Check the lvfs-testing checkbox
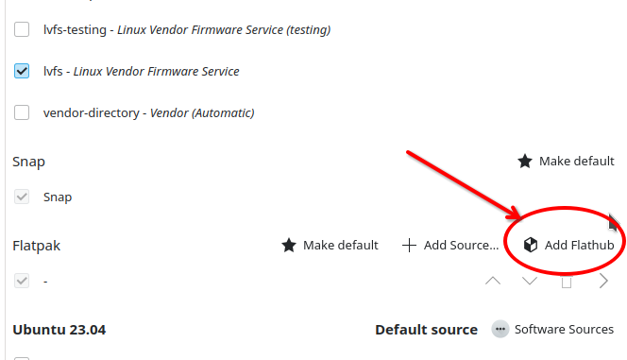point(22,29)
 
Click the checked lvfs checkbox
point(22,71)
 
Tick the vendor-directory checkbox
point(22,112)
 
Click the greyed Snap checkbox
point(22,197)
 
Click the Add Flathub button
point(568,245)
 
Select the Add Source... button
point(450,245)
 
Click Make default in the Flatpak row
point(330,245)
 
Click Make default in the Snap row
point(566,162)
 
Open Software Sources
point(552,329)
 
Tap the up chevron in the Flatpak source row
point(493,281)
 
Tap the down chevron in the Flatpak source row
point(530,281)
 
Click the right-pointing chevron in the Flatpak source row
point(603,281)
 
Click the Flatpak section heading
point(37,246)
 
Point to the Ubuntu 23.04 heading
point(59,330)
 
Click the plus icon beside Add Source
point(409,246)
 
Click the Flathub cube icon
point(531,245)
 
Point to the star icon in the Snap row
point(525,162)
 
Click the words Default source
point(426,330)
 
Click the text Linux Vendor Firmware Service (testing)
point(224,30)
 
